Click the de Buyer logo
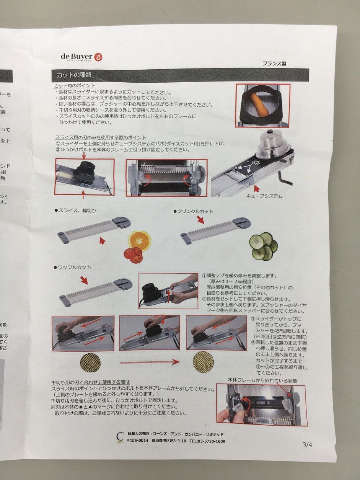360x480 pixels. click(x=81, y=57)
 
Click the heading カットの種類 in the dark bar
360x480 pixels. click(x=74, y=75)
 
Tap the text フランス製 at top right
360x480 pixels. click(x=274, y=64)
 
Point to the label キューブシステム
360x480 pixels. click(x=264, y=196)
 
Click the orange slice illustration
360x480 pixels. click(x=139, y=240)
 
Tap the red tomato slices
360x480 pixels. click(x=133, y=255)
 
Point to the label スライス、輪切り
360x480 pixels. click(x=77, y=210)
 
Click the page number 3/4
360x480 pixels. click(x=307, y=444)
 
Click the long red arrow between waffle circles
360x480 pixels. click(x=150, y=361)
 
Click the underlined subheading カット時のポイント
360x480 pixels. click(x=75, y=86)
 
